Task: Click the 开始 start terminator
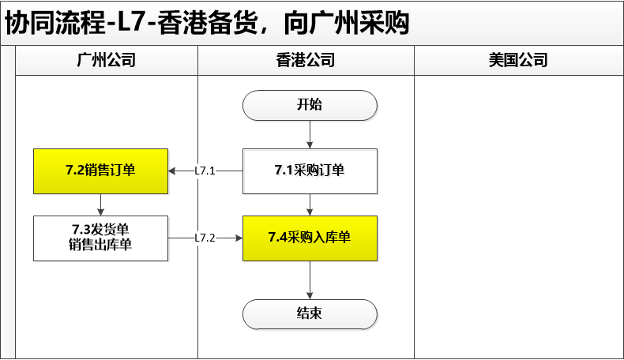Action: [310, 106]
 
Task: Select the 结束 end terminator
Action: [310, 314]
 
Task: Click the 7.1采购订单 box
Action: [310, 171]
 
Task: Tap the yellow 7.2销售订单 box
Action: [100, 171]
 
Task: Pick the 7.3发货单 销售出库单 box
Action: [100, 238]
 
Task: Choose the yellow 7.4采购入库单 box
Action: [310, 238]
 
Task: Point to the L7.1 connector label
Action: [205, 171]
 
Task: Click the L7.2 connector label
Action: [205, 238]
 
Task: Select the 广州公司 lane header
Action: [107, 61]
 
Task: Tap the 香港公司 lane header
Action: [306, 61]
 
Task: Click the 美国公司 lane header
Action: [518, 61]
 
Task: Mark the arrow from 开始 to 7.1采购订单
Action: [310, 134]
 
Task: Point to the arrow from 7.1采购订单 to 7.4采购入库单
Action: [310, 204]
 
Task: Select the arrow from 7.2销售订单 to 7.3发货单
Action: [100, 204]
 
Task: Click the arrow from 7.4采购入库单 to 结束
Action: [310, 280]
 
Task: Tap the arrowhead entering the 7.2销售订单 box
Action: [171, 171]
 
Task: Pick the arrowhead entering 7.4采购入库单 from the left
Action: [239, 238]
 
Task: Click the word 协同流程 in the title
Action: [55, 23]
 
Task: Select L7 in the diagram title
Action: [130, 23]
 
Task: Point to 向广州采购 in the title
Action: [346, 23]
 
